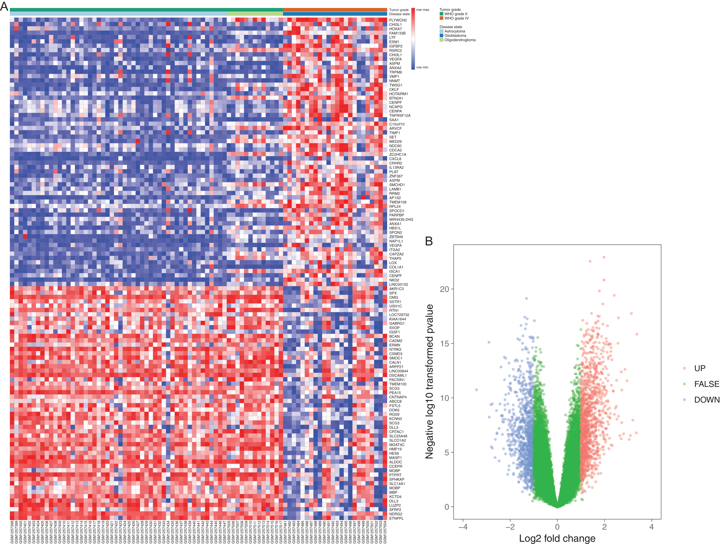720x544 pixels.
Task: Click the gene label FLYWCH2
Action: coord(398,20)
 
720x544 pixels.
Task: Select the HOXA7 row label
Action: coord(396,29)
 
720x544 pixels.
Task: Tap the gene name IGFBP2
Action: coord(396,46)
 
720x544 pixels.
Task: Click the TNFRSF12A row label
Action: coord(400,115)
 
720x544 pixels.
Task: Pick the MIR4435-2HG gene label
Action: coord(401,220)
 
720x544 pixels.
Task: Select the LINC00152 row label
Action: coord(398,285)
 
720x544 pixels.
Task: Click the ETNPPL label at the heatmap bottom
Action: coord(396,518)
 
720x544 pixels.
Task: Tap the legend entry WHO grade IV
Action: coord(456,18)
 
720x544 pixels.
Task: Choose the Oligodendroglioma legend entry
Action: coord(460,40)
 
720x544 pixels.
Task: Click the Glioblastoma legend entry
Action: coord(455,36)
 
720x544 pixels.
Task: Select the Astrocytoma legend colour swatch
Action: coord(441,31)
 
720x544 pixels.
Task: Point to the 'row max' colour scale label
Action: coord(423,10)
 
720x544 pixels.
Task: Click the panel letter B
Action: coord(429,241)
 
